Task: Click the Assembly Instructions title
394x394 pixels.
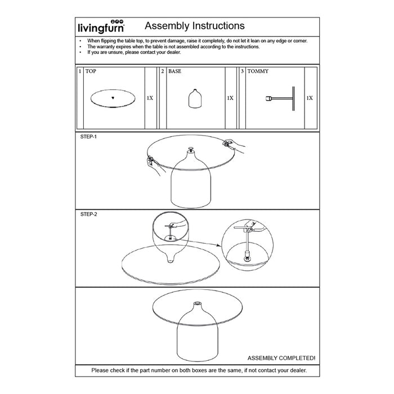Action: (194, 26)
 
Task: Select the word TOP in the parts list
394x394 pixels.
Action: (91, 72)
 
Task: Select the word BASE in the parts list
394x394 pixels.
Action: (174, 72)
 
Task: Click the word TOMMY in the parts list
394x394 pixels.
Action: (258, 72)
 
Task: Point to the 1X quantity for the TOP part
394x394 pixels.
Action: (150, 98)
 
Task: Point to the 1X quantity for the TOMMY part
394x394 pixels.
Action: (310, 98)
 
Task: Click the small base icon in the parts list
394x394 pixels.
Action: (194, 99)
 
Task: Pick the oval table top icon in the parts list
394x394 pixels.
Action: (113, 98)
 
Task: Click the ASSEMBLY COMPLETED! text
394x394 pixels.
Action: (281, 357)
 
